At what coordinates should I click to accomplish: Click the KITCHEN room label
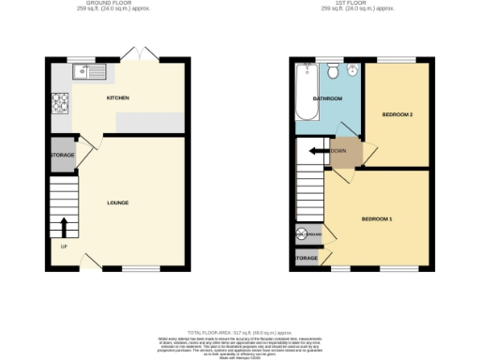pos(117,97)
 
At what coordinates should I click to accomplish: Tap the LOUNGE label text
pos(117,202)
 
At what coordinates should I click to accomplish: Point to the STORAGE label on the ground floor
pos(63,155)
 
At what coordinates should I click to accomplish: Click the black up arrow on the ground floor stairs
pos(64,227)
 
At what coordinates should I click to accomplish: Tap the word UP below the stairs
pos(64,247)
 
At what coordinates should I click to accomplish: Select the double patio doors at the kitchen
pos(143,53)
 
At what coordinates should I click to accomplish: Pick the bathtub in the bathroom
pos(306,94)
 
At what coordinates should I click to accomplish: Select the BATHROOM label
pos(328,98)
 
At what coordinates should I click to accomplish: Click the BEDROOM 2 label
pos(397,114)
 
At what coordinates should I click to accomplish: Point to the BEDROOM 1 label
pos(377,218)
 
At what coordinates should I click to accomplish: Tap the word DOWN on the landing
pos(339,151)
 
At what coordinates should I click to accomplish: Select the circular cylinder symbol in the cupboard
pos(302,234)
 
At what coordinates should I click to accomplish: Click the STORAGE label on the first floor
pos(307,257)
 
